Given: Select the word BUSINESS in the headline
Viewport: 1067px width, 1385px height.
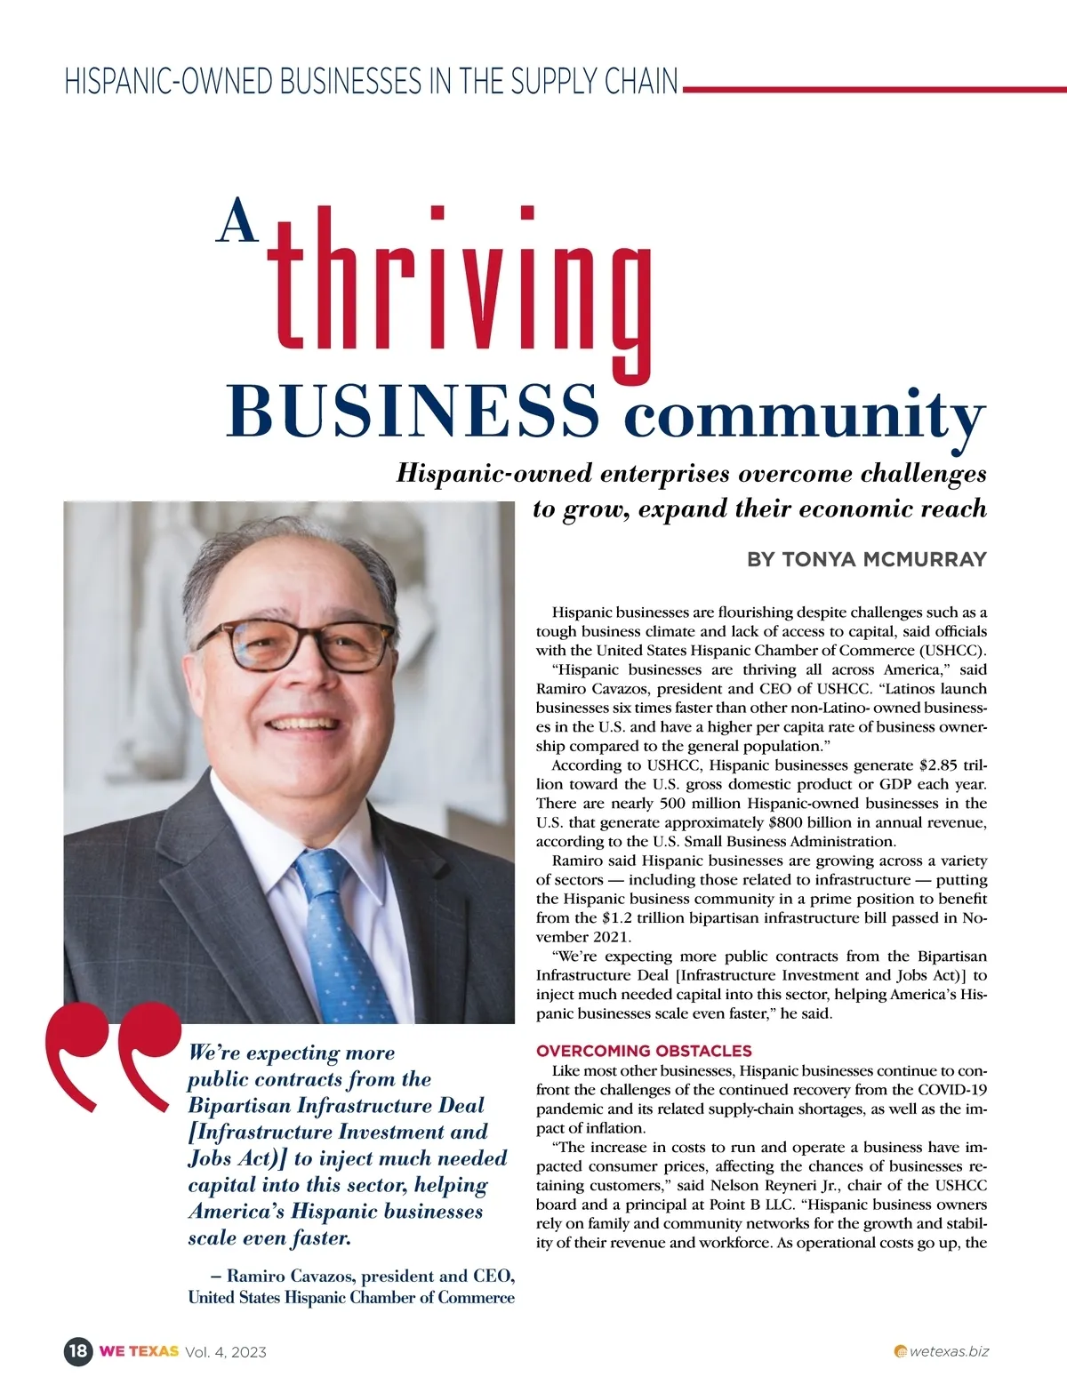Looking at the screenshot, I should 413,411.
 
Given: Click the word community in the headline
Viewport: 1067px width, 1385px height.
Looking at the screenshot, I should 804,414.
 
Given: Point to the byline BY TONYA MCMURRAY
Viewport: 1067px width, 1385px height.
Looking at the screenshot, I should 867,559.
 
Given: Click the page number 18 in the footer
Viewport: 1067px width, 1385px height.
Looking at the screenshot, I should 78,1351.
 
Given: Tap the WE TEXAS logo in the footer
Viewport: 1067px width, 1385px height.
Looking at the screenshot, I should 139,1351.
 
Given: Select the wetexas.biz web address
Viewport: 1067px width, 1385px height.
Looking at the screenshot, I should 948,1351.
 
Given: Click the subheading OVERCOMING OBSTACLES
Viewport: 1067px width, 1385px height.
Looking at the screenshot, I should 644,1051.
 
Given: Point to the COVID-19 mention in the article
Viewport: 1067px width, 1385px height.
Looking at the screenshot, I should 951,1090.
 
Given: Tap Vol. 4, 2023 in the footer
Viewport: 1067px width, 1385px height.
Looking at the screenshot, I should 226,1352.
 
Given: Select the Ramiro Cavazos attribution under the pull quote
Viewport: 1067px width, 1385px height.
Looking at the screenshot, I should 352,1286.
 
